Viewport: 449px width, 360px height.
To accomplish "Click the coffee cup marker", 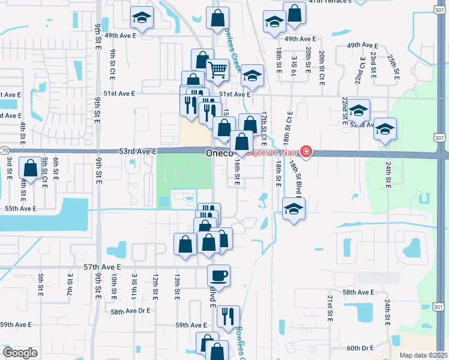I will pos(218,275).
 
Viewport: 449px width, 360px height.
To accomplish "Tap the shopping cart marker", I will pos(218,70).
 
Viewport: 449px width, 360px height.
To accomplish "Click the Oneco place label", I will pos(219,154).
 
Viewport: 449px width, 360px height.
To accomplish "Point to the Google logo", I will pos(20,353).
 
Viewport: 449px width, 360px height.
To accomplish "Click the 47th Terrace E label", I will pos(330,2).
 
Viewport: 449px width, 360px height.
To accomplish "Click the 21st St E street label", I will pos(330,308).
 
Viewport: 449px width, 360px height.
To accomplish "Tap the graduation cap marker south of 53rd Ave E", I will pos(292,210).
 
